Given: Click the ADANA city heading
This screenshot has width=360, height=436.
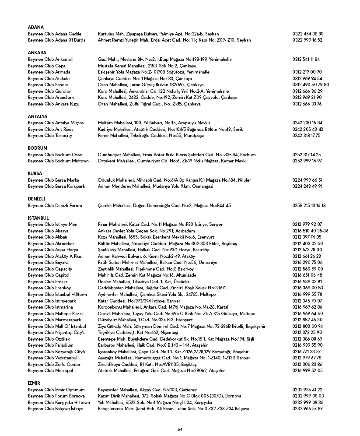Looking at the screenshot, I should click(x=35, y=27).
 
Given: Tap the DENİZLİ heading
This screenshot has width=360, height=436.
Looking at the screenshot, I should click(x=37, y=199).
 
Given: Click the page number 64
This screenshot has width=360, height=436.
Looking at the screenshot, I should click(x=180, y=429).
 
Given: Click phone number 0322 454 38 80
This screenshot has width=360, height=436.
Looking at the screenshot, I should click(x=308, y=34).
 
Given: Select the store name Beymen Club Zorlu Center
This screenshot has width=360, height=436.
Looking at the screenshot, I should click(x=54, y=364).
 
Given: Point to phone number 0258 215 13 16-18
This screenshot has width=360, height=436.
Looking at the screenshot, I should click(x=309, y=205).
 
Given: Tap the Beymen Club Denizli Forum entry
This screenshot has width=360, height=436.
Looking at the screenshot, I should click(x=55, y=205).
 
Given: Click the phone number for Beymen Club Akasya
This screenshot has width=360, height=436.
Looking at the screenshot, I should click(x=310, y=231).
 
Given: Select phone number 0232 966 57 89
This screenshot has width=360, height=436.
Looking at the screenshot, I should click(x=307, y=408).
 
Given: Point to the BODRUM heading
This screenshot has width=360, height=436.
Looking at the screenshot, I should click(x=37, y=148).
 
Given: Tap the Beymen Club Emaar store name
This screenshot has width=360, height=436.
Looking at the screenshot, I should click(x=48, y=281).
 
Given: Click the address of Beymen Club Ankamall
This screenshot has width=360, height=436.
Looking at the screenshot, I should click(x=164, y=59).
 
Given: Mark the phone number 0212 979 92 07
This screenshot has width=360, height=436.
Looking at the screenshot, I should click(x=307, y=224).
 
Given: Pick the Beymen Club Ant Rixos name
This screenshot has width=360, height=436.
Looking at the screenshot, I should click(x=51, y=129).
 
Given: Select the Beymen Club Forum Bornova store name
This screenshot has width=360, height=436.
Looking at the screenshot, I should click(x=56, y=396).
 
